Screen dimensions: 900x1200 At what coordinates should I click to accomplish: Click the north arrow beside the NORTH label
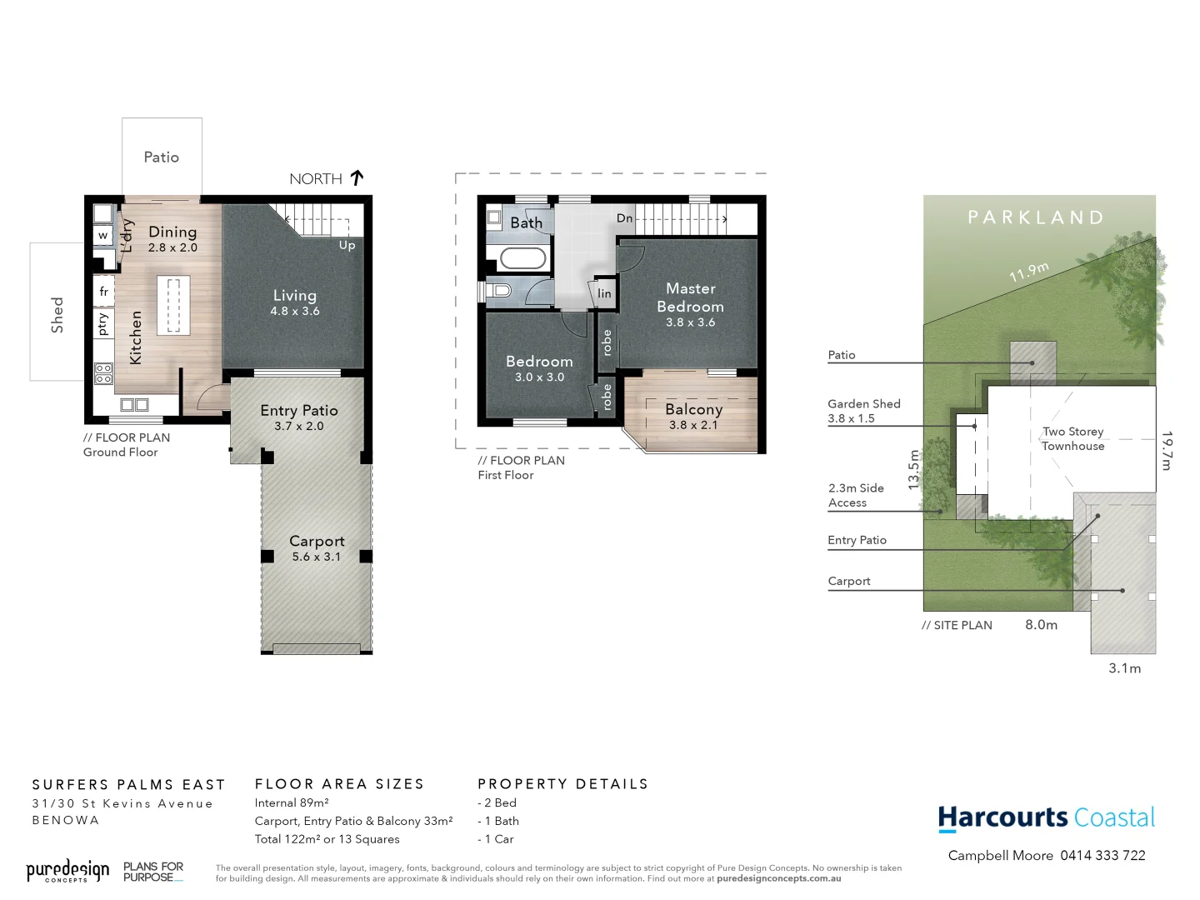coord(357,177)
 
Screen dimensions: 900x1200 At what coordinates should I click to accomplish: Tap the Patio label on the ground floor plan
coord(161,157)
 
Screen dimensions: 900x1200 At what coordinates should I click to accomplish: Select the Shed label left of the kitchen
coord(57,315)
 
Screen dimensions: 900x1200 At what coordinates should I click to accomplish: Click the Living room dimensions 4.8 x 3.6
coord(295,312)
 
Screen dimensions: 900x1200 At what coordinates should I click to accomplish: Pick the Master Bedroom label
coord(690,297)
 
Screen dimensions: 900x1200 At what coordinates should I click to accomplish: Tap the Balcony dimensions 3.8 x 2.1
coord(693,425)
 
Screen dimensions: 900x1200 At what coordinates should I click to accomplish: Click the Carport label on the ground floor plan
coord(317,541)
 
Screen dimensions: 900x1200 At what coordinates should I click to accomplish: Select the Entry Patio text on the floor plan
coord(299,410)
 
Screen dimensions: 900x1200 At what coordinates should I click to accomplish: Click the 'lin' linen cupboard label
coord(604,293)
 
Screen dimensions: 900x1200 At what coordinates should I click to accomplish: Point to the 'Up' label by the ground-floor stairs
coord(347,245)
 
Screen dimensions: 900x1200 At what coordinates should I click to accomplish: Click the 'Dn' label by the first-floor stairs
coord(625,218)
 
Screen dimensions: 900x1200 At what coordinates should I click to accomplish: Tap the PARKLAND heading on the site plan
coord(1036,217)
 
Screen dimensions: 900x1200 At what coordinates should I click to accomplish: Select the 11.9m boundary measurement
coord(1029,272)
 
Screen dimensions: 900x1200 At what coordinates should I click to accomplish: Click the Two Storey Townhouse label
coord(1073,438)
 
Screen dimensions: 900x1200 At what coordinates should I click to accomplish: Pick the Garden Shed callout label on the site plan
coord(864,404)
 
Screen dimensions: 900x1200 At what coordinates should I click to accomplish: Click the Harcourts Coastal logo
coord(1047,818)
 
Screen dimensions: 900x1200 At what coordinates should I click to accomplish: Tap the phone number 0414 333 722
coord(1102,856)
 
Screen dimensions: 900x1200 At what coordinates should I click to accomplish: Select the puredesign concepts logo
coord(67,872)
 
